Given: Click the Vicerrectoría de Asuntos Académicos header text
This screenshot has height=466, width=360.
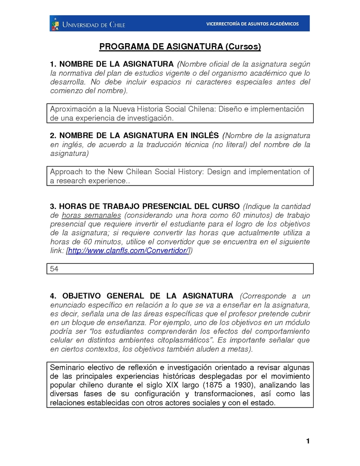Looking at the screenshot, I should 252,24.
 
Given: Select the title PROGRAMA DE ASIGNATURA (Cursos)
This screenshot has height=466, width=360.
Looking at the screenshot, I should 180,47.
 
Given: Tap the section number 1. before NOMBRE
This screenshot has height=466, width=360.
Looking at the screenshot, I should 53,64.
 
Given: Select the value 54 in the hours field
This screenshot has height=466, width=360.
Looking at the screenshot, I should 54,269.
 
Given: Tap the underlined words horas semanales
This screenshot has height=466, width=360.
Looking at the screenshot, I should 91,215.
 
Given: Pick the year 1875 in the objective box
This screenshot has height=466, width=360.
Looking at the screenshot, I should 214,385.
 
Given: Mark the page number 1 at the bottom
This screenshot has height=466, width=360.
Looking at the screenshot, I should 308,441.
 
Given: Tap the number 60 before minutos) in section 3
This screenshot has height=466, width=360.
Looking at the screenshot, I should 236,215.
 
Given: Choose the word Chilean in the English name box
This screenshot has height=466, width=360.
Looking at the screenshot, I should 137,172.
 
